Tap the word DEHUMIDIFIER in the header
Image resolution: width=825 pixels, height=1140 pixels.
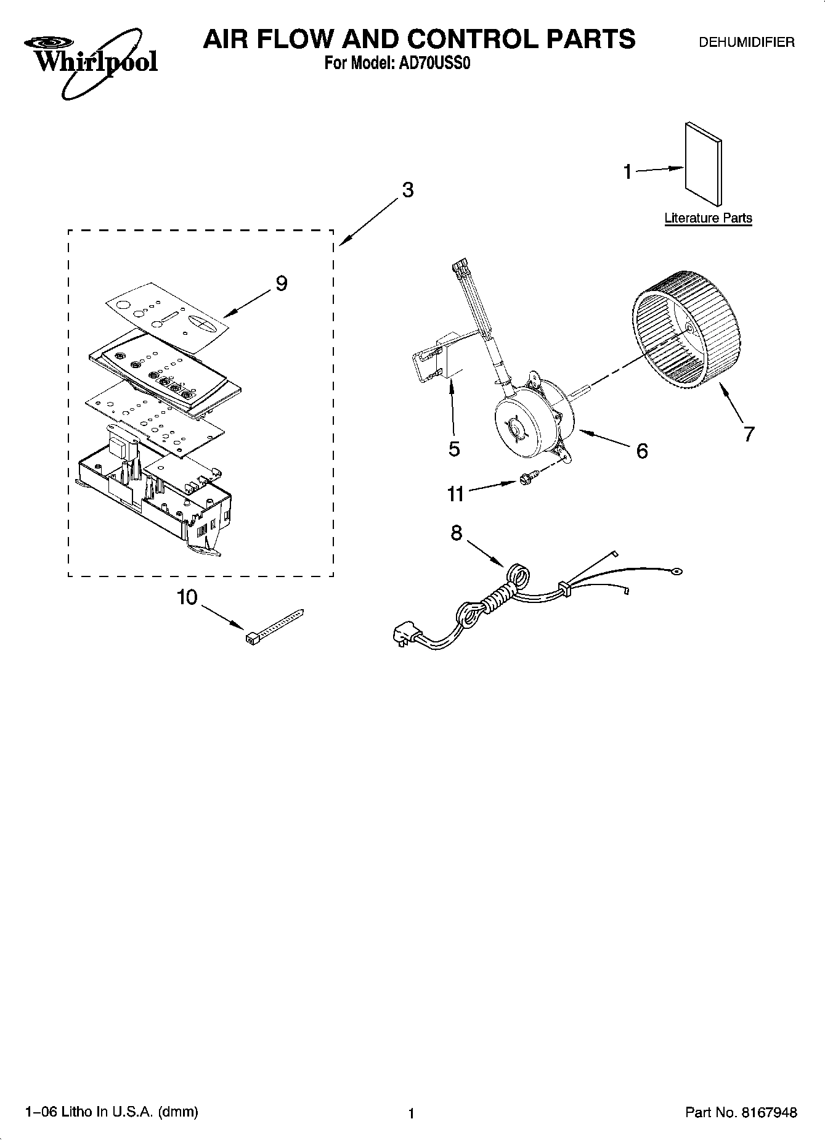(x=746, y=43)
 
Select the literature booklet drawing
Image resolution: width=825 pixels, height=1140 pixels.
(x=703, y=163)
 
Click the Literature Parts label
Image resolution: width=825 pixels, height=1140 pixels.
(x=708, y=218)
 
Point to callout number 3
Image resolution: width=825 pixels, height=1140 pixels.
(x=407, y=191)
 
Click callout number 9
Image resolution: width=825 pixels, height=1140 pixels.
(x=281, y=284)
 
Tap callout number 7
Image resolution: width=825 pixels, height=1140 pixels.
(x=749, y=434)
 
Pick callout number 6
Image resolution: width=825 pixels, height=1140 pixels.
(x=641, y=451)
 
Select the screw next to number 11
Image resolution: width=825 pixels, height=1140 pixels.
(x=527, y=478)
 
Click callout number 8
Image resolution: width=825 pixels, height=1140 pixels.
(x=456, y=532)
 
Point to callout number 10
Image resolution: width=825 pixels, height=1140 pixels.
(x=187, y=597)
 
